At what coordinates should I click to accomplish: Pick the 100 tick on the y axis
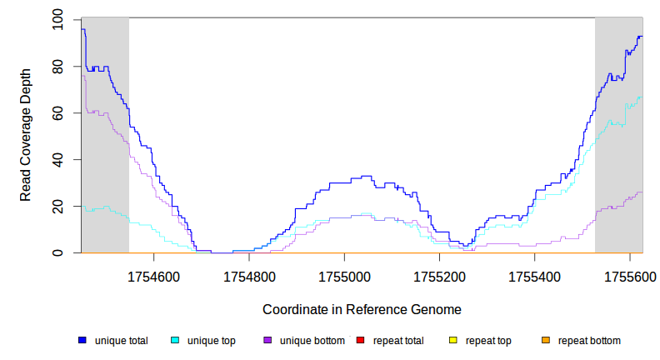57,19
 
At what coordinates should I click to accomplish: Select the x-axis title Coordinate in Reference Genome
362,309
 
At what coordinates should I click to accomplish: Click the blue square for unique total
82,341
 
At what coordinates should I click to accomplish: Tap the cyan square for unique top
175,341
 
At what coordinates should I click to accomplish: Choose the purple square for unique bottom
267,341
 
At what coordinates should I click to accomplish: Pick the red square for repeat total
360,341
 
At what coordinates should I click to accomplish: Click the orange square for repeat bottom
545,341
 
